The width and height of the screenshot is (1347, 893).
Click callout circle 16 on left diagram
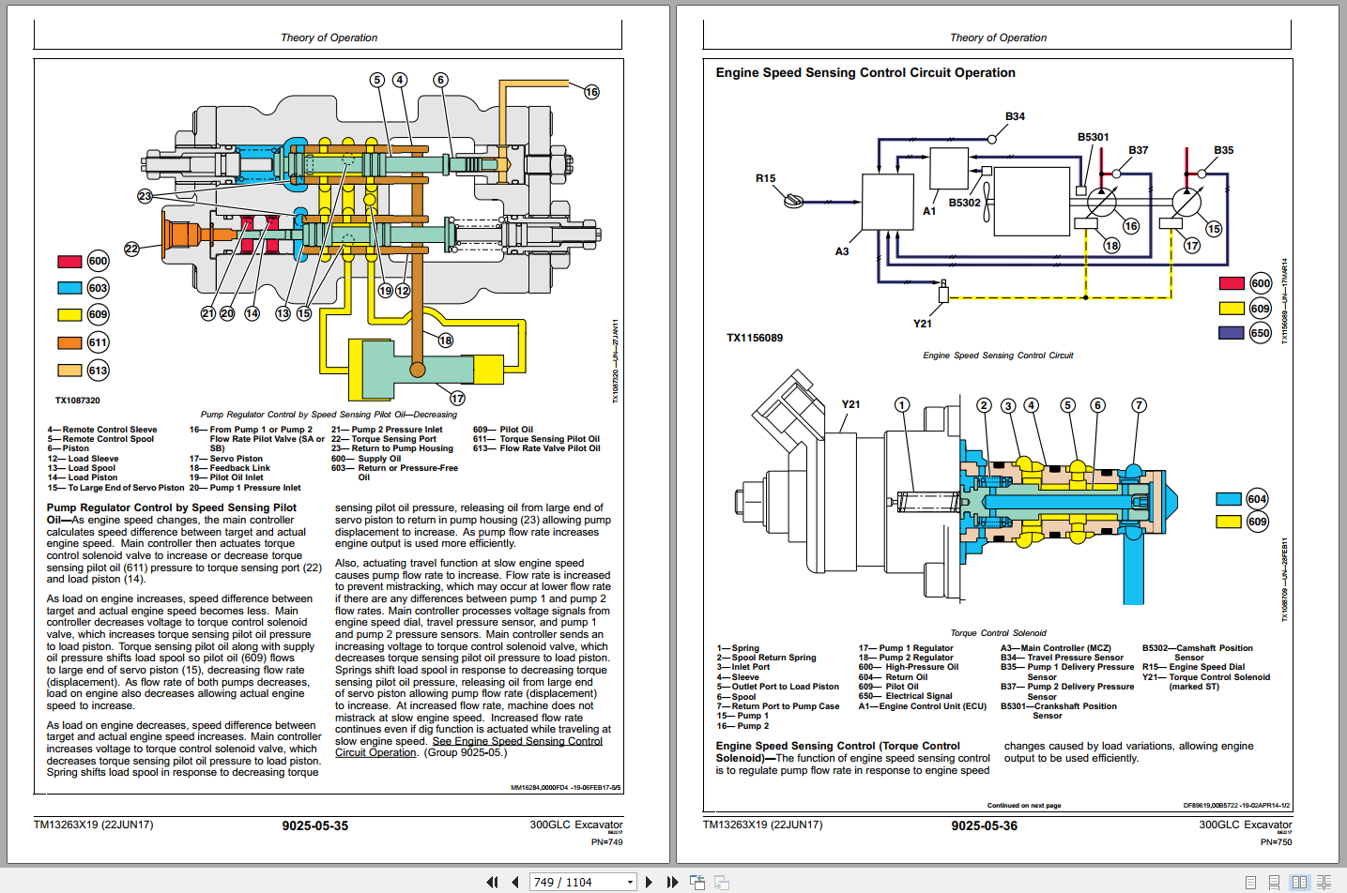tap(591, 92)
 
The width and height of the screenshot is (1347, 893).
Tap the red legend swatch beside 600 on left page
tap(69, 262)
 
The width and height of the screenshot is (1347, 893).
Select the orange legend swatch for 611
tap(69, 343)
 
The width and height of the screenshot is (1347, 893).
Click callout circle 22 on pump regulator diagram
tap(131, 249)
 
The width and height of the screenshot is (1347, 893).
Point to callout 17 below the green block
tap(457, 398)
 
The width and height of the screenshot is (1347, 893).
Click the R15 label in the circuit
tap(765, 178)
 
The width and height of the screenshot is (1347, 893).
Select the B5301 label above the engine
tap(1093, 137)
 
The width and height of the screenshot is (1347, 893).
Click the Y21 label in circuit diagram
tap(923, 324)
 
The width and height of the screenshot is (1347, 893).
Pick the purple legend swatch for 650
tap(1231, 333)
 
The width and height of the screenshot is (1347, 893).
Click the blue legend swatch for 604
tap(1229, 499)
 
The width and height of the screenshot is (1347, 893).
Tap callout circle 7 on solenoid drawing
tap(1139, 405)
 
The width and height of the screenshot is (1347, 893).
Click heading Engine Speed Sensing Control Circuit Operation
tap(865, 72)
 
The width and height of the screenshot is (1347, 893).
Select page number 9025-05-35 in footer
tap(314, 826)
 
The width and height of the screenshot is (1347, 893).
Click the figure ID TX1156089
tap(754, 338)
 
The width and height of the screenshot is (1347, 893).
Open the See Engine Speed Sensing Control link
tap(516, 741)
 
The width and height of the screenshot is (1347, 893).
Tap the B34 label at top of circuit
tap(1015, 116)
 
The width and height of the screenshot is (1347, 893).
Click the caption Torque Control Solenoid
tap(997, 633)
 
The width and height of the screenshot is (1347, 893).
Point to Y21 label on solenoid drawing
tap(850, 404)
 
